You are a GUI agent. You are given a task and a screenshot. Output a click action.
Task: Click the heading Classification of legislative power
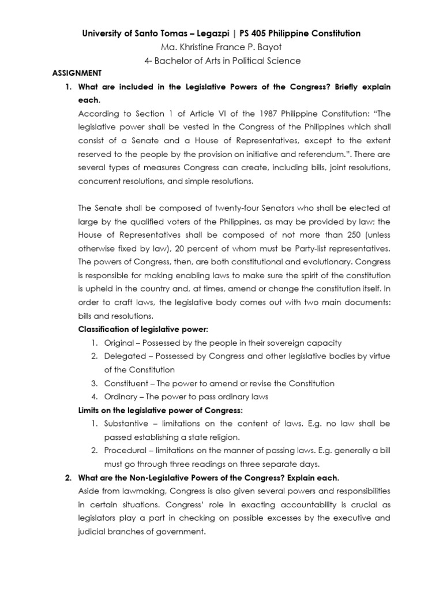coord(143,330)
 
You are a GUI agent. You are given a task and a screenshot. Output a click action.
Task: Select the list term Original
coord(118,343)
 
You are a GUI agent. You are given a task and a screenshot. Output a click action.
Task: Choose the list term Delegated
coord(123,356)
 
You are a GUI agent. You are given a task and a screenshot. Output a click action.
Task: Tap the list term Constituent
coord(124,383)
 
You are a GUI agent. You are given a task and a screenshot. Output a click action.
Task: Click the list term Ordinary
coord(119,397)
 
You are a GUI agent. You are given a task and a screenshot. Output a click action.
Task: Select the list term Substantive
coord(126,424)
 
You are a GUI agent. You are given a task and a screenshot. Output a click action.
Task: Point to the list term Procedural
coord(125,451)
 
